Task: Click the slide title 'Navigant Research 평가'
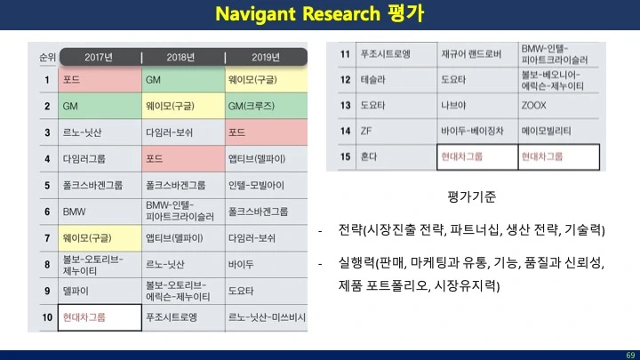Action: (x=320, y=14)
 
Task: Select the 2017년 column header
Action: (x=99, y=57)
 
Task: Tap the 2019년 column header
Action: (x=266, y=57)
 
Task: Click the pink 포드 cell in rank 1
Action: (x=100, y=80)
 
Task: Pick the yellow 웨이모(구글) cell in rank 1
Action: (x=266, y=80)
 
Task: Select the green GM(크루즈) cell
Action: (x=266, y=106)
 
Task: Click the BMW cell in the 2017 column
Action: (x=100, y=212)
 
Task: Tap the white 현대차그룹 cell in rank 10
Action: (x=100, y=317)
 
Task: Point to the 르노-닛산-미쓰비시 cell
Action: (x=266, y=317)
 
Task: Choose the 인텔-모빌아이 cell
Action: (x=266, y=185)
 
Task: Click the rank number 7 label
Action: (x=47, y=238)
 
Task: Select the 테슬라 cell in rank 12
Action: (x=396, y=80)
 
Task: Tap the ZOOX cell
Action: (x=558, y=105)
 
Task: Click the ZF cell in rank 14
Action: (x=396, y=131)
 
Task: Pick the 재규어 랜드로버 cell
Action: (x=477, y=54)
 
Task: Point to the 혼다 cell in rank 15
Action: (x=396, y=156)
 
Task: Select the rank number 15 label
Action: (x=345, y=156)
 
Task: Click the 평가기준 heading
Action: (x=471, y=196)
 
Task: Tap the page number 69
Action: (x=630, y=355)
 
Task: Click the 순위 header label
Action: (x=47, y=57)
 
